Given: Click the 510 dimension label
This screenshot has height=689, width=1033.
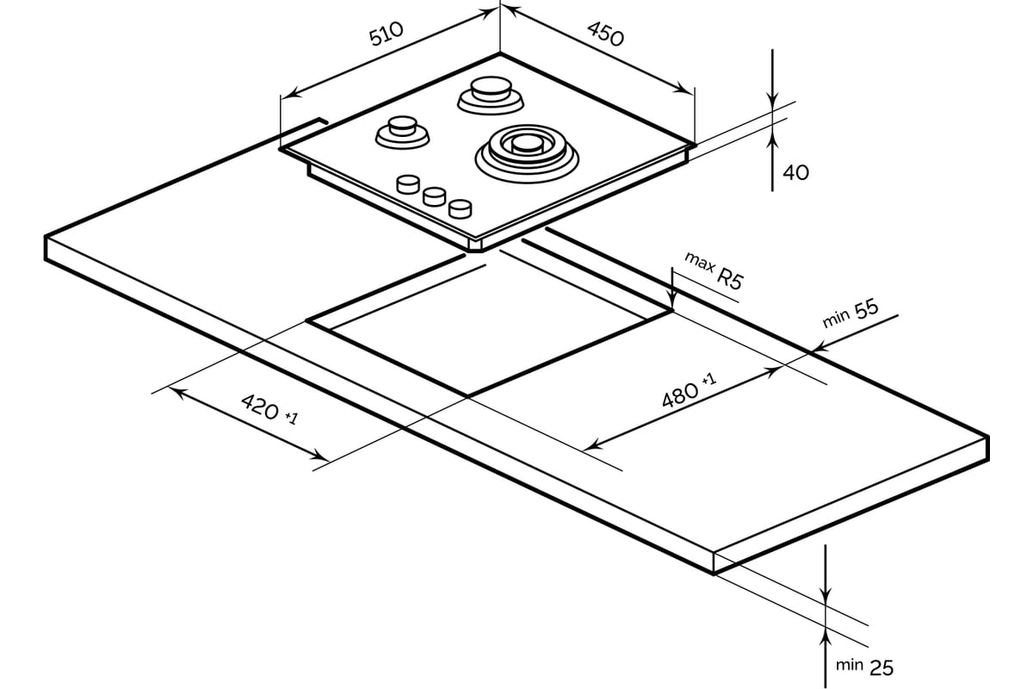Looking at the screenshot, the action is pyautogui.click(x=387, y=34).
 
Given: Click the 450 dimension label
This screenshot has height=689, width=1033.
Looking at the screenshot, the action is pyautogui.click(x=605, y=34).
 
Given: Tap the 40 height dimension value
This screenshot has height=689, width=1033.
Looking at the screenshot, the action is pyautogui.click(x=796, y=172).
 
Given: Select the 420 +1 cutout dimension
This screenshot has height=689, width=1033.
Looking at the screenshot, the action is pyautogui.click(x=269, y=409).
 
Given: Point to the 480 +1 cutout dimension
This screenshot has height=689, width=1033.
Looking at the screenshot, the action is pyautogui.click(x=690, y=390).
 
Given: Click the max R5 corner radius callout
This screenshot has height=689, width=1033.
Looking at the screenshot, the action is pyautogui.click(x=714, y=271).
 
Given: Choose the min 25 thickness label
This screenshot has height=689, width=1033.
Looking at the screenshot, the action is pyautogui.click(x=864, y=667).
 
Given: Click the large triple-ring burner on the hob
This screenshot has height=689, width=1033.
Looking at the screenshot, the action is pyautogui.click(x=527, y=152).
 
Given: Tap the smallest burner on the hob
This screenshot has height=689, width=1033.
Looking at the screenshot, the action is pyautogui.click(x=402, y=133).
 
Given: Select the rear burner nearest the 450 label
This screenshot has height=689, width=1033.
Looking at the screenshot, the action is pyautogui.click(x=491, y=95).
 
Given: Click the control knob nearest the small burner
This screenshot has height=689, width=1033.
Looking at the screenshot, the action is pyautogui.click(x=408, y=183).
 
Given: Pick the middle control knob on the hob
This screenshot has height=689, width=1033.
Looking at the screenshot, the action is pyautogui.click(x=435, y=196).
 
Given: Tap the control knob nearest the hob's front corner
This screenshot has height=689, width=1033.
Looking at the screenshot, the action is pyautogui.click(x=461, y=208).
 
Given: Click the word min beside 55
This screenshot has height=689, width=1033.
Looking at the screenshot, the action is pyautogui.click(x=836, y=319).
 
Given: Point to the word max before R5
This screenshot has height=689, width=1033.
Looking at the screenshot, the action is pyautogui.click(x=699, y=262).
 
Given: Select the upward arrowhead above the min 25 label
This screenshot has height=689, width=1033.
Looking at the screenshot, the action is pyautogui.click(x=825, y=636).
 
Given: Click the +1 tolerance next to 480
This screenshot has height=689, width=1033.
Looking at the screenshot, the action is pyautogui.click(x=709, y=379).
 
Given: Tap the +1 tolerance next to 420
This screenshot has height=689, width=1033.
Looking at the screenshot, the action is pyautogui.click(x=292, y=418).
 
